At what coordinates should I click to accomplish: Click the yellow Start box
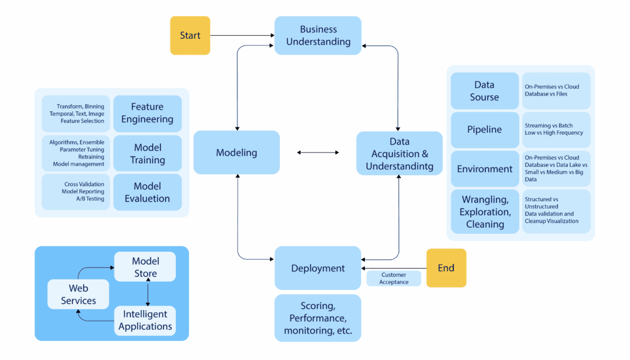[x=190, y=35]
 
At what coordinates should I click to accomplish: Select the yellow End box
[x=446, y=268]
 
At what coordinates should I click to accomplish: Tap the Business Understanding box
[x=317, y=36]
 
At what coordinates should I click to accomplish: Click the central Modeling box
[x=236, y=152]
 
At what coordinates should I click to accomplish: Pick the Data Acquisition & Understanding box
[x=399, y=154]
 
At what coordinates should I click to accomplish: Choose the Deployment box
[x=317, y=268]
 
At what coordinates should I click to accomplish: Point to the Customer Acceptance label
[x=394, y=278]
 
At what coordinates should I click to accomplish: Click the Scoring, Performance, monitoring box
[x=317, y=318]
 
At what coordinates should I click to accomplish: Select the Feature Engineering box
[x=147, y=113]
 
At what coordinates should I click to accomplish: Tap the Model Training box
[x=147, y=153]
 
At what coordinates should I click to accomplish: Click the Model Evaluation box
[x=147, y=192]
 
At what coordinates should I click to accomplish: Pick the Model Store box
[x=145, y=267]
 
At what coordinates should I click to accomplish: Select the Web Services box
[x=78, y=294]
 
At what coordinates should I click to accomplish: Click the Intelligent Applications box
[x=145, y=320]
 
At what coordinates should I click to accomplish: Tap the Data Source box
[x=484, y=91]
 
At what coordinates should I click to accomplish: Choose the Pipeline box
[x=484, y=130]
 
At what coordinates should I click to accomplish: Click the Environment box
[x=484, y=169]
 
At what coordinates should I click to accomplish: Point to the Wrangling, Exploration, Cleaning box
[x=484, y=211]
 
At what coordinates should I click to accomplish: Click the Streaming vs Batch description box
[x=556, y=130]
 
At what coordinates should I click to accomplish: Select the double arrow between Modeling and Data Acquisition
[x=317, y=152]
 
